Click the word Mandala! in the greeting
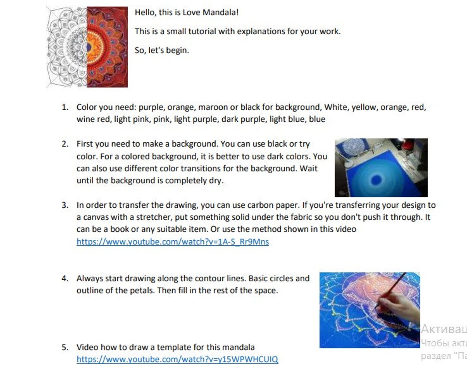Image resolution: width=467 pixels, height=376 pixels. [221, 12]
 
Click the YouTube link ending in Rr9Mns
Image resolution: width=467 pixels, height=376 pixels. [173, 241]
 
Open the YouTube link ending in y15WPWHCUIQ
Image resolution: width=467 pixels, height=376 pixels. [177, 359]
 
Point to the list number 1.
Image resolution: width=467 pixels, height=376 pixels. [65, 107]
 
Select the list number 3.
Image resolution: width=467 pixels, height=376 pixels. [65, 205]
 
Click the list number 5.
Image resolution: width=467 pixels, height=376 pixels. [65, 348]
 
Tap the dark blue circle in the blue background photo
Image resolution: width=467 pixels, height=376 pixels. [376, 179]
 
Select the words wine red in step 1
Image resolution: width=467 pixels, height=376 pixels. [93, 119]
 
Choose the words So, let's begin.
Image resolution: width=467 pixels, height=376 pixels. [162, 51]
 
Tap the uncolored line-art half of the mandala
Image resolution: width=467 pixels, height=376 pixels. [67, 47]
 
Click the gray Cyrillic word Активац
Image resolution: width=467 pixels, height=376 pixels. [444, 329]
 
